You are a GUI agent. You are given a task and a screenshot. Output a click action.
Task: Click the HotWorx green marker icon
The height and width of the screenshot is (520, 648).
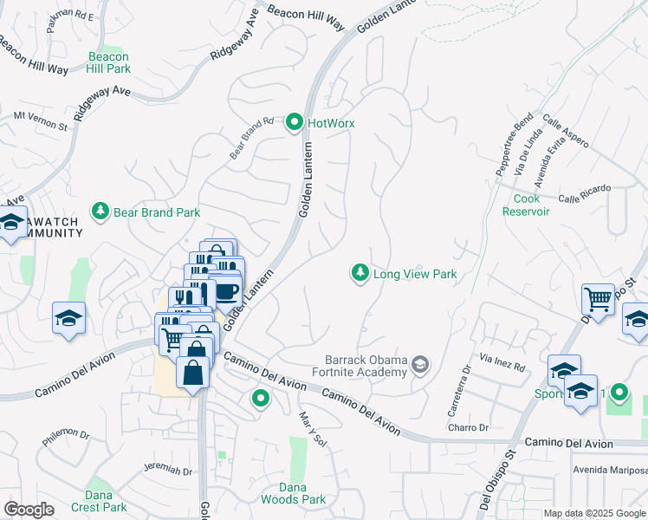(x=295, y=123)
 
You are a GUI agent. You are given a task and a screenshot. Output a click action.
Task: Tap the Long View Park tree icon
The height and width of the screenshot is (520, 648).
(x=360, y=274)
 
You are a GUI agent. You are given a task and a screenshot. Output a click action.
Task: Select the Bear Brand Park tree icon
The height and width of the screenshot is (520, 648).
(x=101, y=211)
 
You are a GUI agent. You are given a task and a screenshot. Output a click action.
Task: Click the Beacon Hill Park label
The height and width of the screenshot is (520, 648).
(x=109, y=62)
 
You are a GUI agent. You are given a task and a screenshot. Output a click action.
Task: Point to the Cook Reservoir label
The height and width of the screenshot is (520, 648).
(x=527, y=205)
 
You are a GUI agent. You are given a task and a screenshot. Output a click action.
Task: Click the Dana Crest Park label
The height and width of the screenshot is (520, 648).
(x=106, y=501)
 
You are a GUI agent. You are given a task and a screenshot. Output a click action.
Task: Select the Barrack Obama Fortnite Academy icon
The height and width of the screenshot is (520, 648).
(x=420, y=365)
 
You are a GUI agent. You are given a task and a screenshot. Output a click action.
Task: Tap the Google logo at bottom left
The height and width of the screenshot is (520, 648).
(x=29, y=509)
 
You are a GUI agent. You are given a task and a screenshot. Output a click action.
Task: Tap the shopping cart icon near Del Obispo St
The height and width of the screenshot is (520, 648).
(x=598, y=300)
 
